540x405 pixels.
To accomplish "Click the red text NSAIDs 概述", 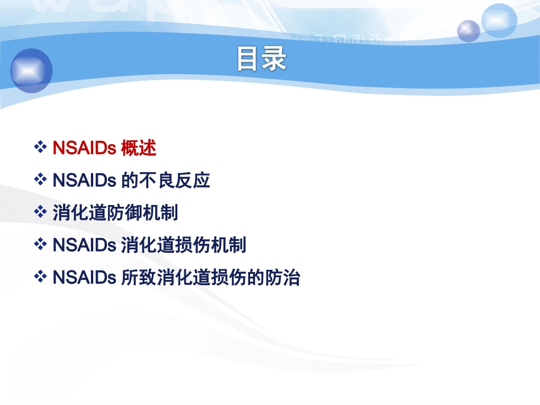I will (104, 148).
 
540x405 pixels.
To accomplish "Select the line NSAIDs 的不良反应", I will (131, 181).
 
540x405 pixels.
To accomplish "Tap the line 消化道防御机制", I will (115, 213).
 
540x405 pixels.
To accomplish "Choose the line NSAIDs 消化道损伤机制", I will (149, 245).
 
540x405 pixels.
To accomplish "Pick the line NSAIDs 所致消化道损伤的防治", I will (176, 278).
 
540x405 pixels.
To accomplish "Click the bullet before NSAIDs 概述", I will (40, 148).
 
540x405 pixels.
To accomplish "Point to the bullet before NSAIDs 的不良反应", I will (40, 180).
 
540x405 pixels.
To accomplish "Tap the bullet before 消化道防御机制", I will (40, 212).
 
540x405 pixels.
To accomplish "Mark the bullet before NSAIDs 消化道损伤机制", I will (40, 245).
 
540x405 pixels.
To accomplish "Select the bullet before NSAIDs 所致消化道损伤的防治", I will (40, 277).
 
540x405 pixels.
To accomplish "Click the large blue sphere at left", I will (31, 70).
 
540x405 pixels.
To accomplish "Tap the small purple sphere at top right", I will (468, 30).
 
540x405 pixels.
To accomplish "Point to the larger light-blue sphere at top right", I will (499, 20).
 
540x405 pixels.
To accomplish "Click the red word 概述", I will (139, 148).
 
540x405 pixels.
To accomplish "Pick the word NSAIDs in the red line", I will (84, 148).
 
